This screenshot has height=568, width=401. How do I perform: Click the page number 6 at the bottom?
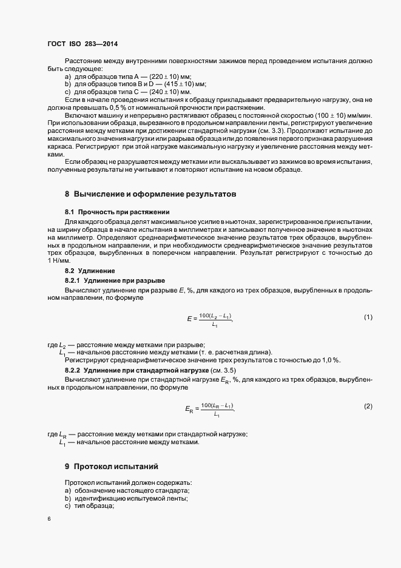click(49, 519)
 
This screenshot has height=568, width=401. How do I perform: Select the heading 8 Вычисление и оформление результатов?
click(150, 194)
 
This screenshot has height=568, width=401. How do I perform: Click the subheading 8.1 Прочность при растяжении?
click(117, 212)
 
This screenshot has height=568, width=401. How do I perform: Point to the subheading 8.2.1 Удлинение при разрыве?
click(114, 280)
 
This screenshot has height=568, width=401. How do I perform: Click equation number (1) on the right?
click(368, 317)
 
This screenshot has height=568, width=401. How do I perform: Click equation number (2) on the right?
click(368, 406)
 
